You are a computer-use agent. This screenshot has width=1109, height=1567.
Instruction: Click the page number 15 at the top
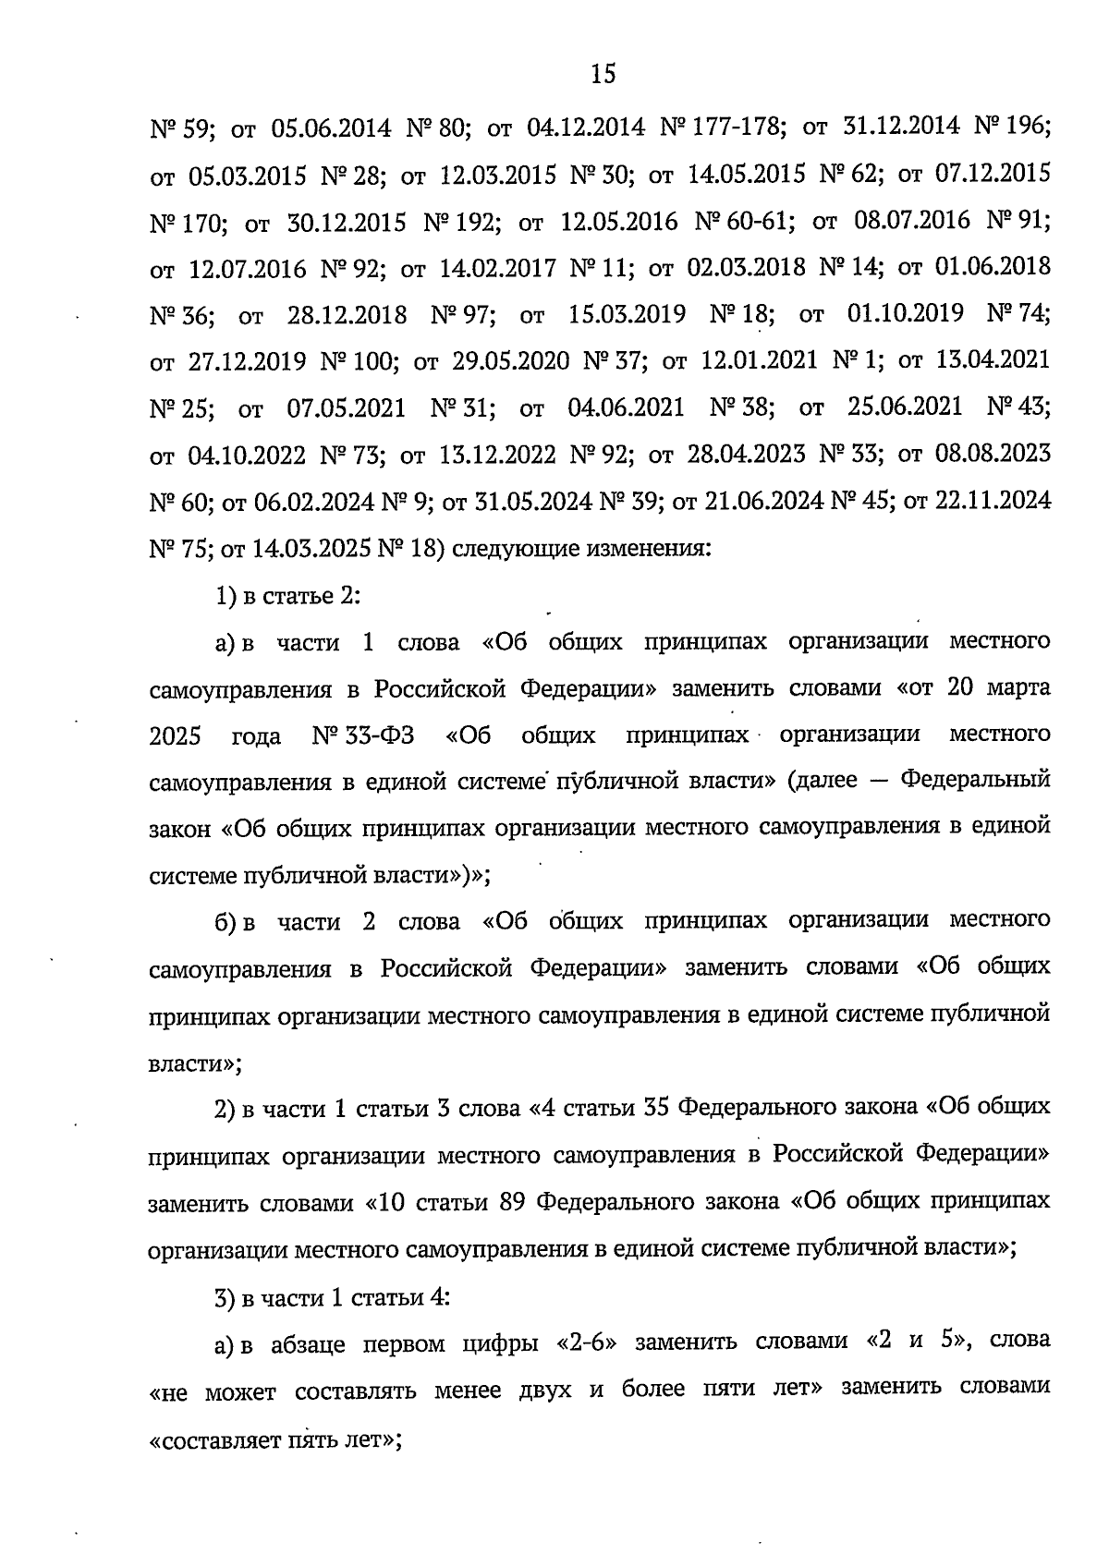(x=602, y=74)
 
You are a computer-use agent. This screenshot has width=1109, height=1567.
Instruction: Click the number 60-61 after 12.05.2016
(x=756, y=221)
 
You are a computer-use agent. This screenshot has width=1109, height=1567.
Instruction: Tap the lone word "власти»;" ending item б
(x=195, y=1063)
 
